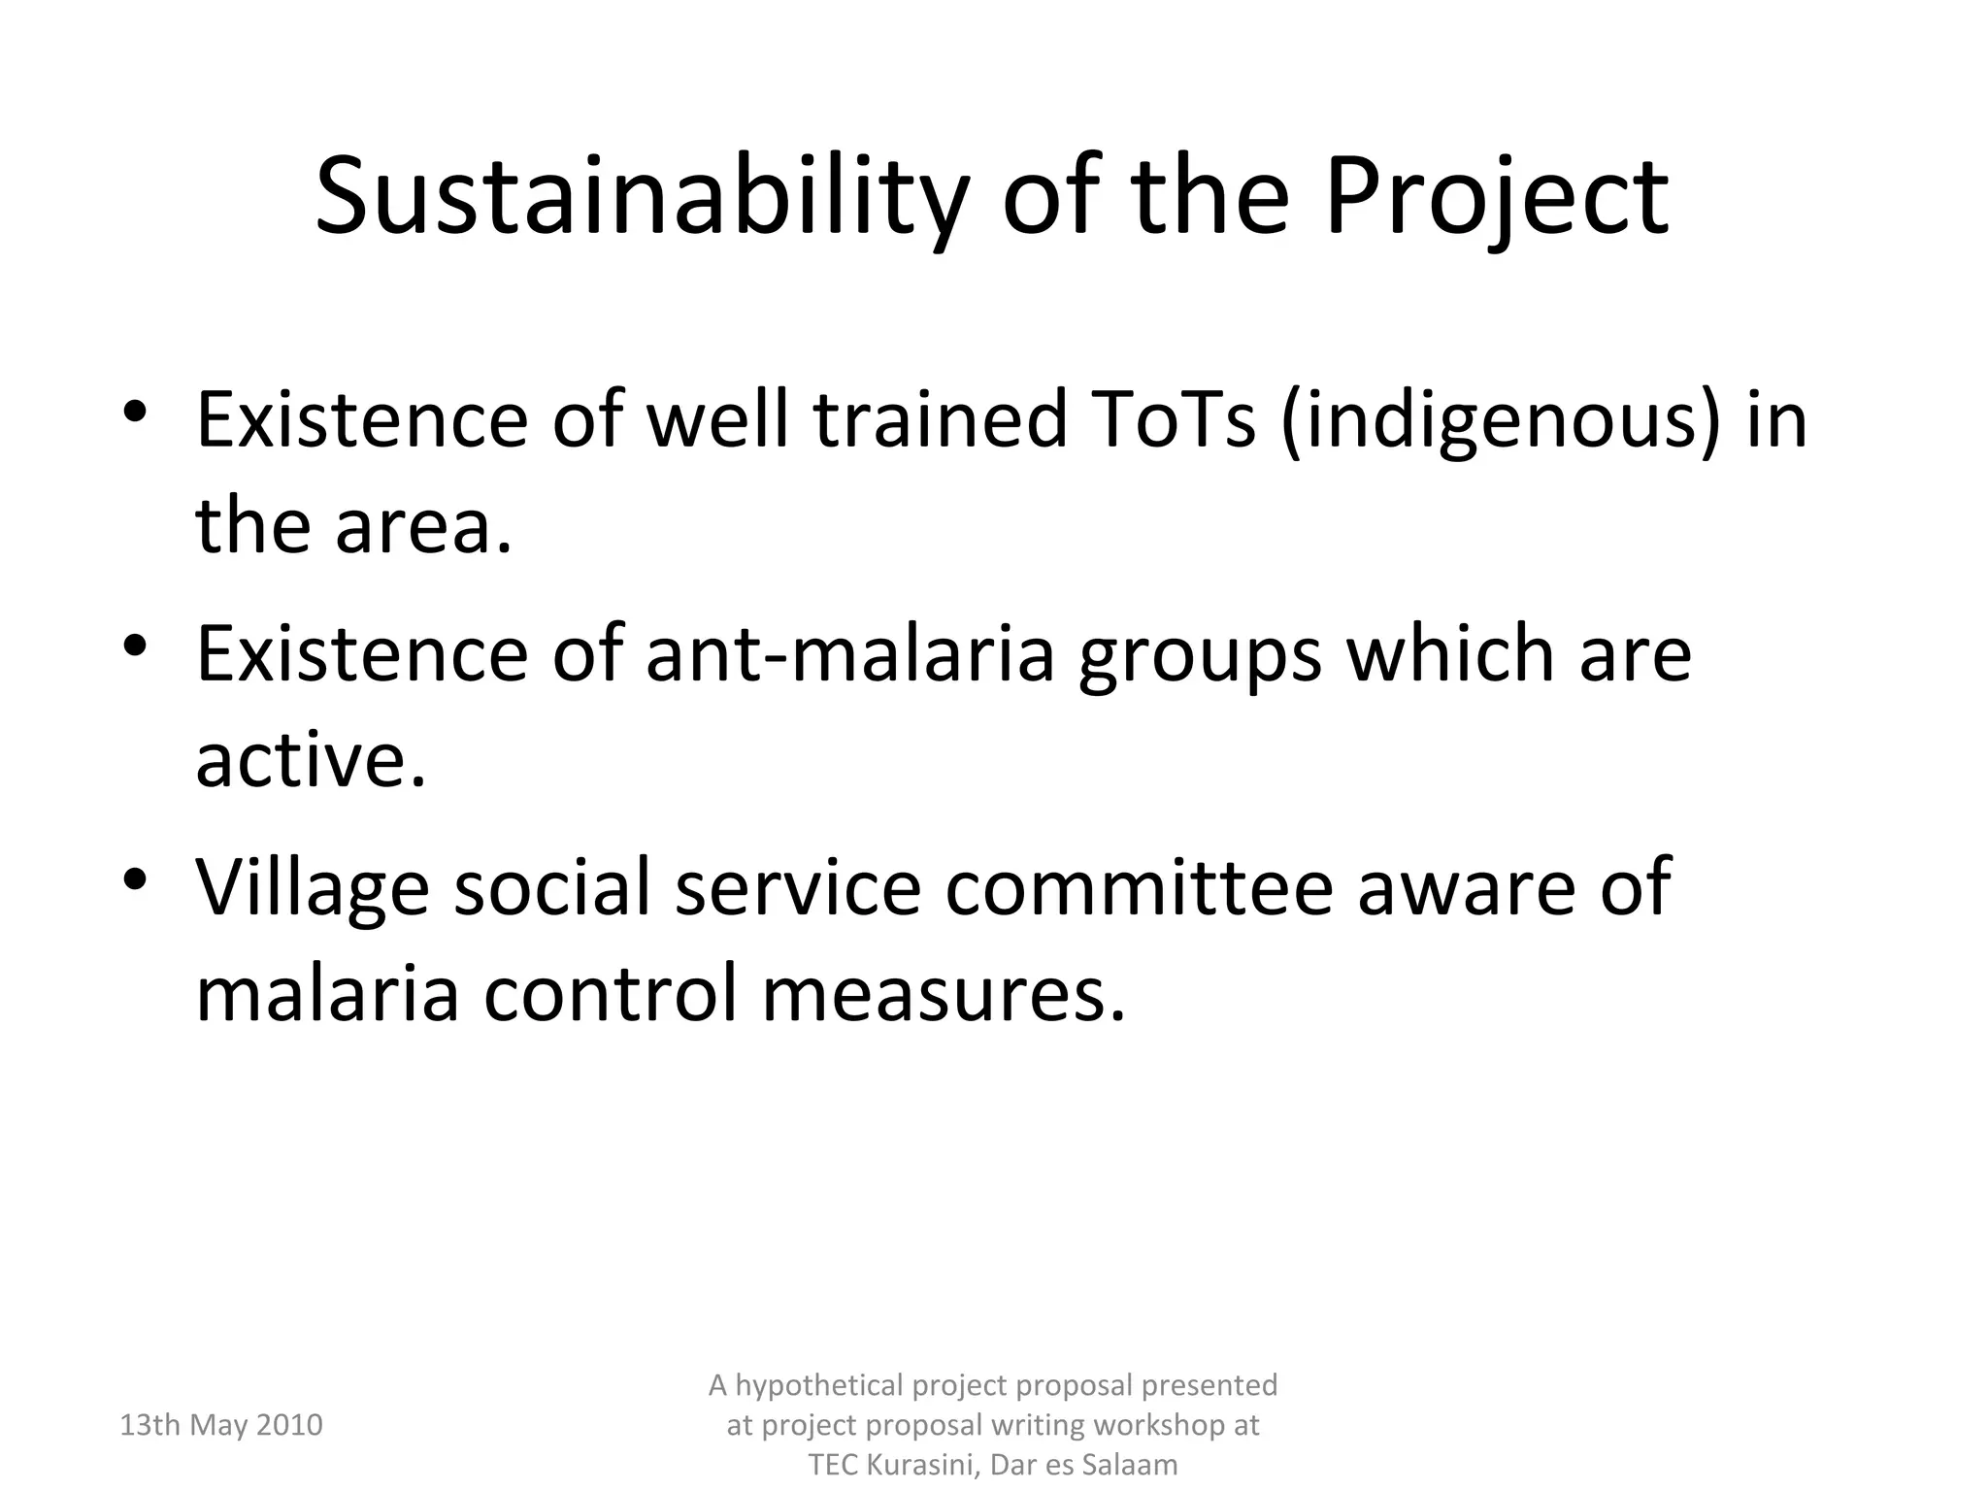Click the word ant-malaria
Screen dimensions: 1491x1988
tap(849, 654)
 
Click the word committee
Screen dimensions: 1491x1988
tap(1139, 887)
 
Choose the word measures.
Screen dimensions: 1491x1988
tap(943, 994)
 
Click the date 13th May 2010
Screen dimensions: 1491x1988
tap(220, 1425)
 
